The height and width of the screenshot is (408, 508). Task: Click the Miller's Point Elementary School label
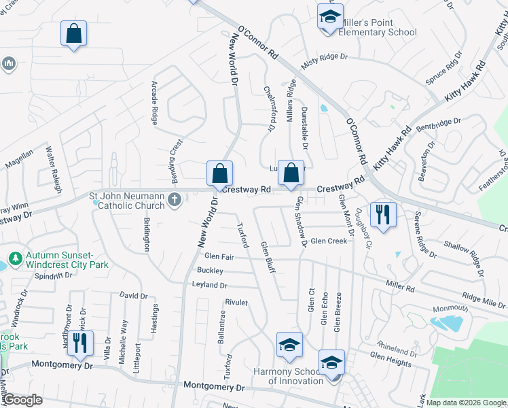[x=367, y=27]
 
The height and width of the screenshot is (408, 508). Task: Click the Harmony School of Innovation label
[x=288, y=376]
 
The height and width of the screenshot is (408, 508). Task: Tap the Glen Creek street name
[x=329, y=241]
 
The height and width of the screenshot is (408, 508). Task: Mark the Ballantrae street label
[x=221, y=327]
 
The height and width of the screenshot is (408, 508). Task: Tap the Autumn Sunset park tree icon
[x=16, y=259]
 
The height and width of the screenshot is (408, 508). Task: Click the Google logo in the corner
[x=22, y=400]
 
